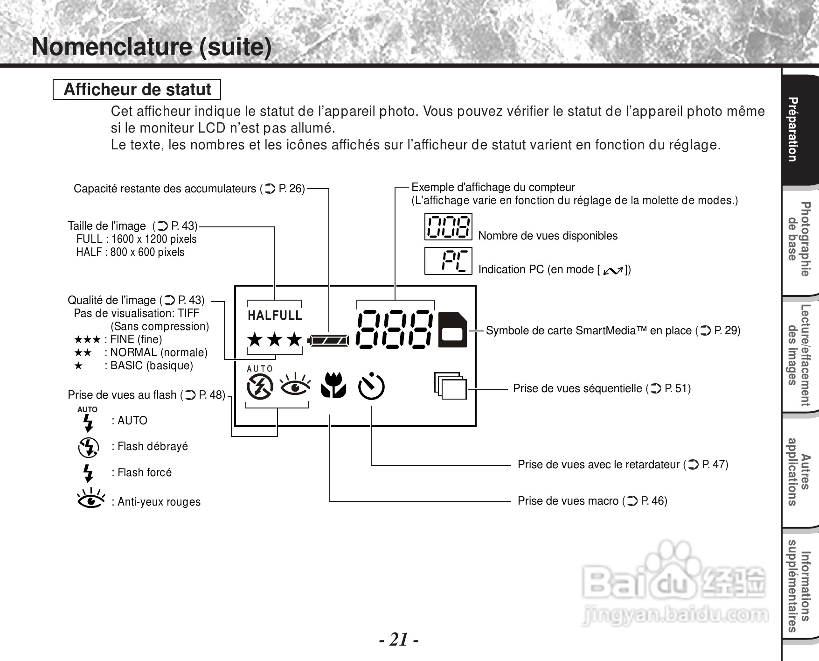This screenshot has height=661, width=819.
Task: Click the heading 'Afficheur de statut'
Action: tap(137, 89)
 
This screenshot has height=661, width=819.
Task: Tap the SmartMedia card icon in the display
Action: tap(452, 330)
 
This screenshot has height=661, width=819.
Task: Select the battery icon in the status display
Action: tap(328, 340)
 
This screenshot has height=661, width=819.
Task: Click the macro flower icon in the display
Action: tap(333, 385)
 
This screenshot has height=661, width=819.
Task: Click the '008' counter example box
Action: tap(448, 226)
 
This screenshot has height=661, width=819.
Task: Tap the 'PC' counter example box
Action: tap(448, 261)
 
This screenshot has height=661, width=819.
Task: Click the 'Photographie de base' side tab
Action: tap(799, 239)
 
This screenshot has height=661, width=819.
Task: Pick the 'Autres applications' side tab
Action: tap(799, 472)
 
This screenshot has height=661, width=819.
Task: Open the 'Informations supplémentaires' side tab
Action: tap(799, 586)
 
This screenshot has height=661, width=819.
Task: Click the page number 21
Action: tap(398, 639)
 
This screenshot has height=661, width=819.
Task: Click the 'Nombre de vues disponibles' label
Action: tap(548, 236)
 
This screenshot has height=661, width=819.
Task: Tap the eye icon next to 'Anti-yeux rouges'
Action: tap(91, 499)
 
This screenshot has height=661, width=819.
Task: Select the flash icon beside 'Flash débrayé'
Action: tap(88, 447)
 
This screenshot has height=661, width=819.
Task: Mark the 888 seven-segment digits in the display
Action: tap(395, 329)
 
